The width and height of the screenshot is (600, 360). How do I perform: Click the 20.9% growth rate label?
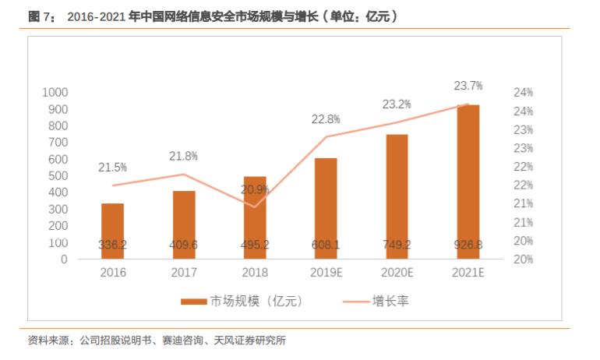(x=255, y=189)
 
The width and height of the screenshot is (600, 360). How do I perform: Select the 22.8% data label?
(x=326, y=119)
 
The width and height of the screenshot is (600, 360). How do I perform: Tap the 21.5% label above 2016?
(x=113, y=167)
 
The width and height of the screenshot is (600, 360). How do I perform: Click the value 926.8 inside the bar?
(x=468, y=245)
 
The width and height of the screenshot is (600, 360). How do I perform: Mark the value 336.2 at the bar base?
(x=113, y=245)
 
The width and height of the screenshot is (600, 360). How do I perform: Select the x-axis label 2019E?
(x=326, y=273)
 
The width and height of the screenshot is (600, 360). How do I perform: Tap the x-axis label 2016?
(x=113, y=273)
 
